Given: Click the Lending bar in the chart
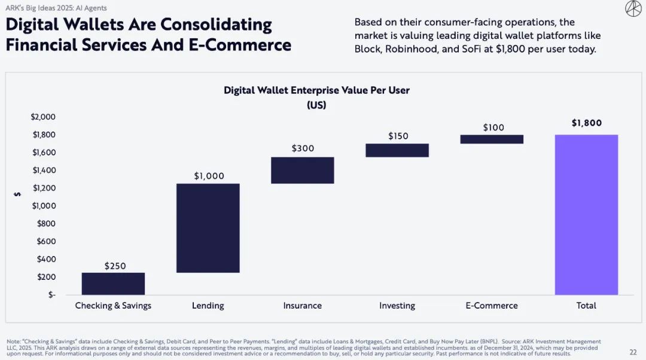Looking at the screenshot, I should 208,228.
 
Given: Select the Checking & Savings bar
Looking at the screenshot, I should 113,283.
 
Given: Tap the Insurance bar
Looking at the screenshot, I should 302,170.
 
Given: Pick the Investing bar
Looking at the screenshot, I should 397,150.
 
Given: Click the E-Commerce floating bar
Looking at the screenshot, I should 492,139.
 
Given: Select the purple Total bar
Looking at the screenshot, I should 586,215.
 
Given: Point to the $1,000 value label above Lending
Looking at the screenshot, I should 209,176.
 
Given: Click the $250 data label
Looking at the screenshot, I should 115,266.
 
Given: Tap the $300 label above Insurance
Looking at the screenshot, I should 303,148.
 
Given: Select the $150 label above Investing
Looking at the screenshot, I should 398,136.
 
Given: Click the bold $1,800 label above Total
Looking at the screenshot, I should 586,123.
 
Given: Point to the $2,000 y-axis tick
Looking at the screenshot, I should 43,117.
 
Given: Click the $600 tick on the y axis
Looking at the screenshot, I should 45,241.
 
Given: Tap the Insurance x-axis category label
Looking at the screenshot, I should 302,306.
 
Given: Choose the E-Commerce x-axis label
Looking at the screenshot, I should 492,306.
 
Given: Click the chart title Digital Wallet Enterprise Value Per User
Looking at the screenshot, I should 316,90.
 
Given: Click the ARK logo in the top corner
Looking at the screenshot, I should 633,8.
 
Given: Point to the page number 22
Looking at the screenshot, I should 633,352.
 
